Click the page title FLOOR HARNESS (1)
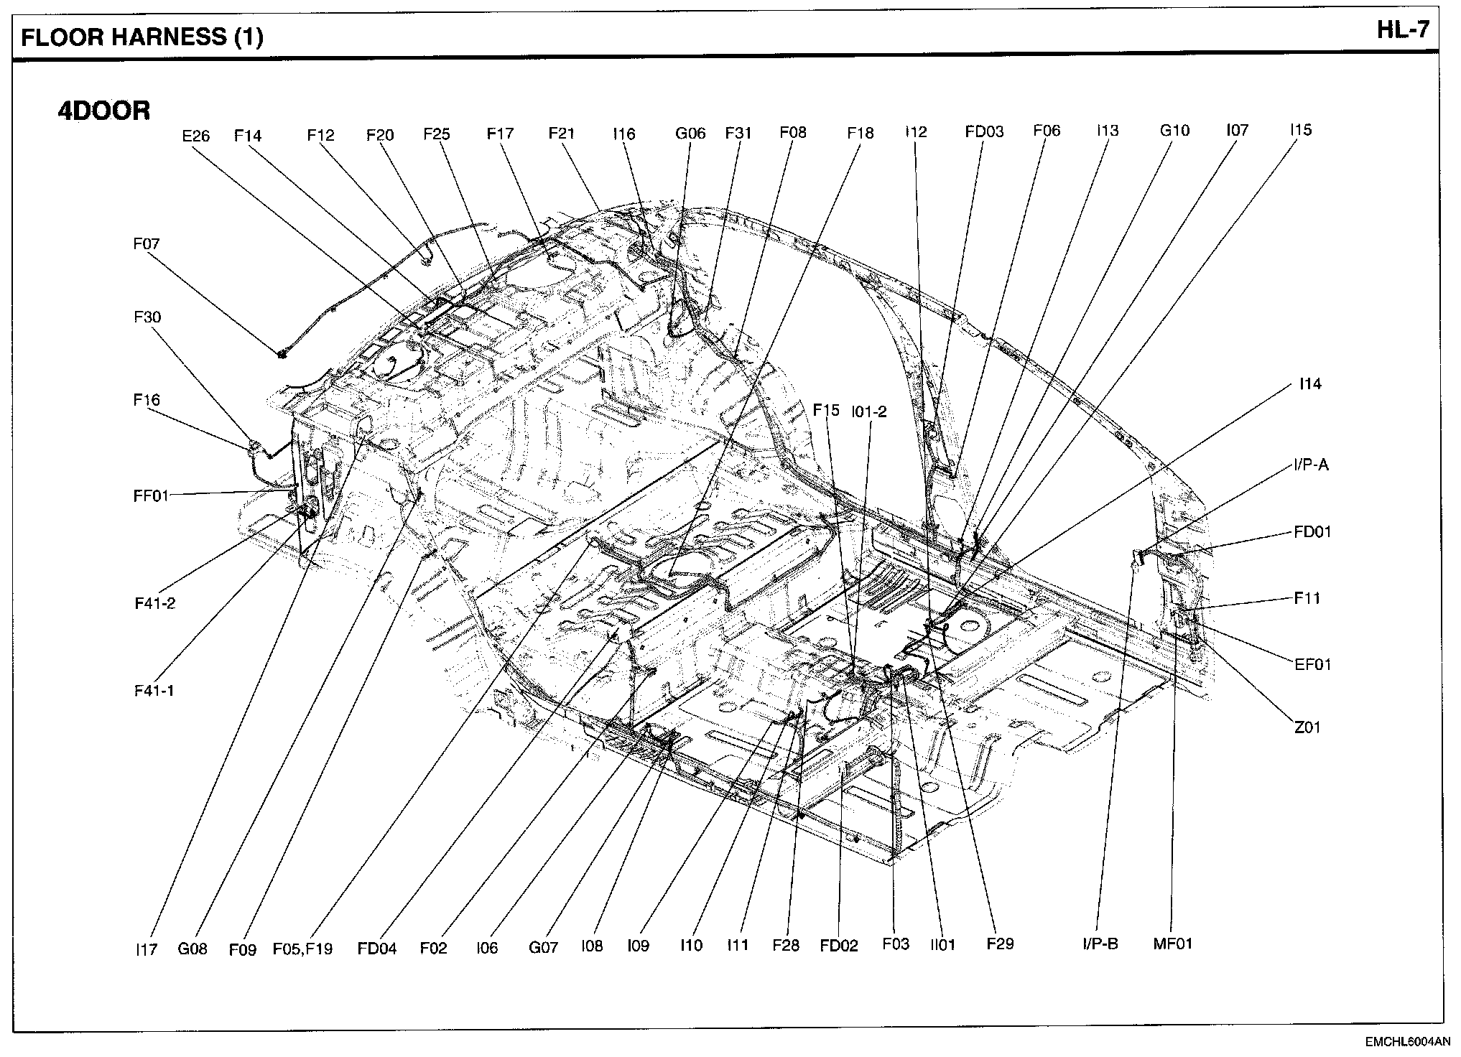pyautogui.click(x=142, y=37)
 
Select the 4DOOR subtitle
pyautogui.click(x=104, y=111)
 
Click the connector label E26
pyautogui.click(x=195, y=136)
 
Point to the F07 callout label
pyautogui.click(x=146, y=244)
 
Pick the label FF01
pyautogui.click(x=151, y=495)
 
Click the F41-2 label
pyautogui.click(x=154, y=604)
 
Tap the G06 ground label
pyautogui.click(x=690, y=134)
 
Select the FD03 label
pyautogui.click(x=983, y=132)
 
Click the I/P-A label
pyautogui.click(x=1310, y=465)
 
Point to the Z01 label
pyautogui.click(x=1307, y=728)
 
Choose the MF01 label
pyautogui.click(x=1172, y=944)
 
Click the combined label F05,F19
pyautogui.click(x=302, y=949)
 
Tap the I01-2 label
pyautogui.click(x=868, y=411)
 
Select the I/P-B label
pyautogui.click(x=1100, y=944)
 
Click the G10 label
pyautogui.click(x=1174, y=131)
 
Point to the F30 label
pyautogui.click(x=147, y=317)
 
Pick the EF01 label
pyautogui.click(x=1312, y=665)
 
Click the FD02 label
pyautogui.click(x=838, y=946)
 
